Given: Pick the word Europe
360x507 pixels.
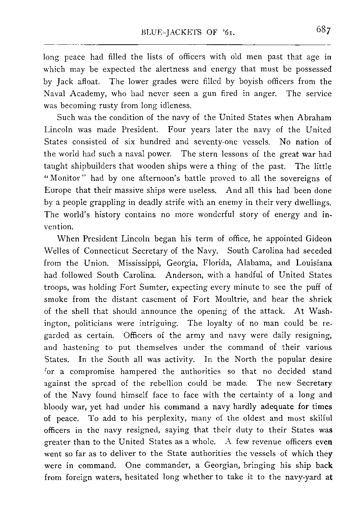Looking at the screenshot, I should point(58,190).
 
